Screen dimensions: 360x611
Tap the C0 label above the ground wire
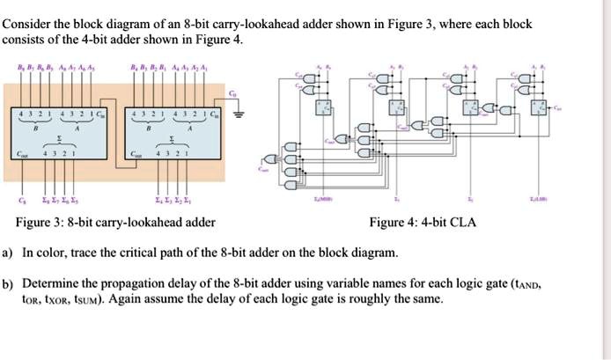click(x=232, y=93)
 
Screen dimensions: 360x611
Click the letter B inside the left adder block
click(x=34, y=129)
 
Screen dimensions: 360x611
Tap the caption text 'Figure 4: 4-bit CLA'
click(x=423, y=222)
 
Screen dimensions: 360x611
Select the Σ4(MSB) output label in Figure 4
click(x=325, y=202)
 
